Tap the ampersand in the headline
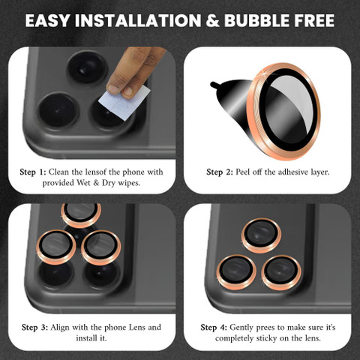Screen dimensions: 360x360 [x=212, y=20]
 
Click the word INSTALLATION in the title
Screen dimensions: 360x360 [x=138, y=20]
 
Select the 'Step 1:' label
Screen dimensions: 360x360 [x=33, y=172]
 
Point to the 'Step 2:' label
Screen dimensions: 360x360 [x=220, y=172]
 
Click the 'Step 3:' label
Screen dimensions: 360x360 [x=34, y=327]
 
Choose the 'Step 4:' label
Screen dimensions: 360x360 [x=214, y=327]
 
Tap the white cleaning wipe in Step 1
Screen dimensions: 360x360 [x=124, y=102]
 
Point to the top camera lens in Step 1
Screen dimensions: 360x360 [x=87, y=68]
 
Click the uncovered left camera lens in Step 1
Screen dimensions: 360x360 [x=58, y=110]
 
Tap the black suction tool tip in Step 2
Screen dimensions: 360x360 [x=214, y=85]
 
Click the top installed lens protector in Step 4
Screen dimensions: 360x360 [x=261, y=235]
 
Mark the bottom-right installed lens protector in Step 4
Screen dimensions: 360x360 [x=281, y=273]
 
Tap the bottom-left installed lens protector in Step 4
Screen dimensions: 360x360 [x=236, y=272]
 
